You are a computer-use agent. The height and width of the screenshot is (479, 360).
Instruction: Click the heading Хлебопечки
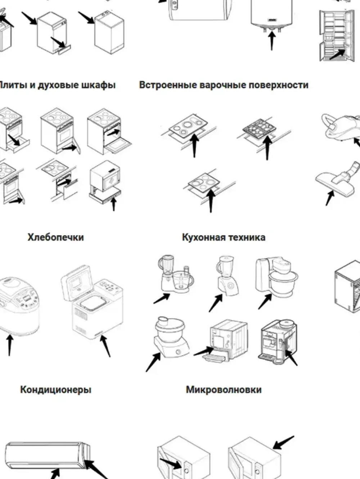pos(56,237)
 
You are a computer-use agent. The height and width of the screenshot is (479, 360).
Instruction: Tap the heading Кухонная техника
pos(224,237)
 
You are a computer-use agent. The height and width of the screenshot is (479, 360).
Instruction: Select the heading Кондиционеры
pos(56,390)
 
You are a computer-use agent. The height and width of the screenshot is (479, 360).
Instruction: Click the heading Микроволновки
pos(224,390)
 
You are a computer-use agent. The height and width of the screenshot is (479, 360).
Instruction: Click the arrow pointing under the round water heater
pos(272,41)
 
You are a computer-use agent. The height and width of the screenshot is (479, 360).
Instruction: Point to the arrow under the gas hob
pos(267,147)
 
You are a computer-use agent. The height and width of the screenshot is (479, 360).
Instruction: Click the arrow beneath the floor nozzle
pos(330,198)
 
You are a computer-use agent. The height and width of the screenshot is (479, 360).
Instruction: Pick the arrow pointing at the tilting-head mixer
pos(265,301)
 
